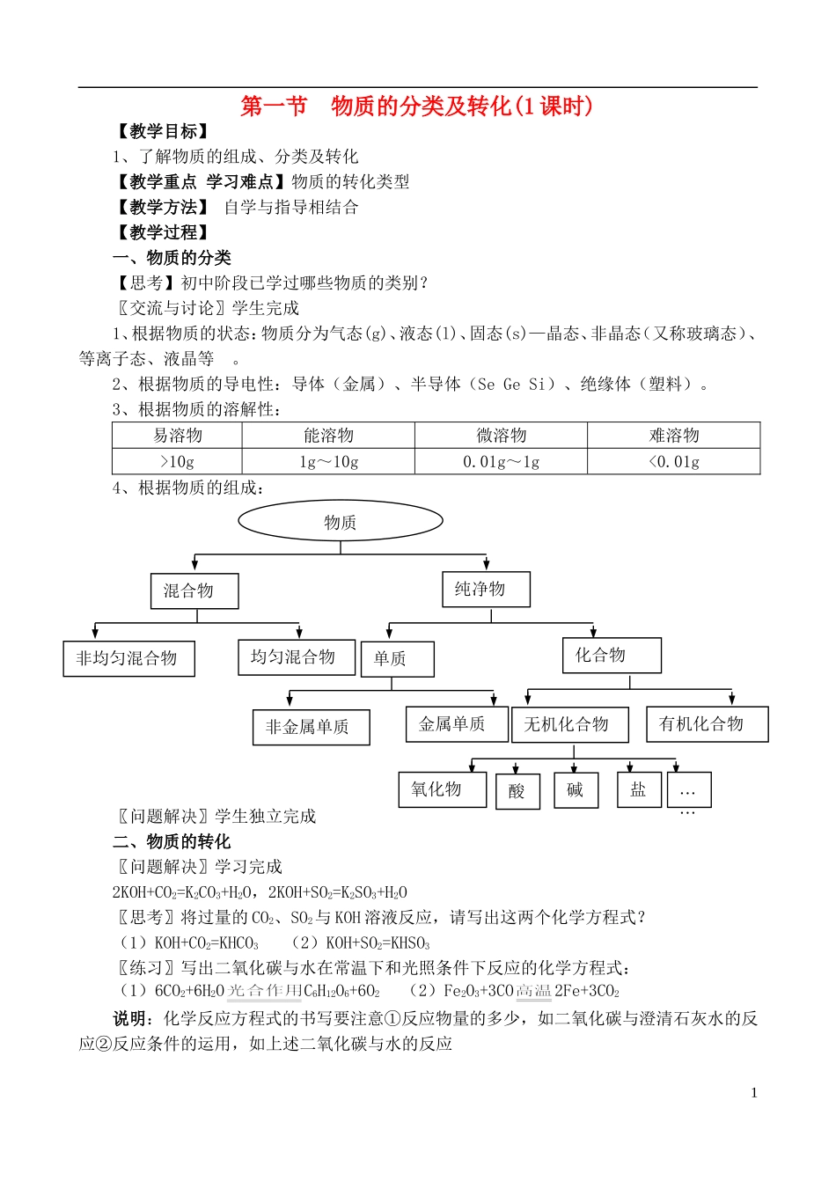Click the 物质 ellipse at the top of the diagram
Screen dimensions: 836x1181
341,522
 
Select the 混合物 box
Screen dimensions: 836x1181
194,590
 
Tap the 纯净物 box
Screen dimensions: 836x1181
486,589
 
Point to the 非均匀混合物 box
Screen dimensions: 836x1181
128,658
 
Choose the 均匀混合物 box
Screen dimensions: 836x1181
296,657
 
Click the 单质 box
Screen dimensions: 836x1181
397,658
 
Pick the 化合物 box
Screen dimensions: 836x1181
612,656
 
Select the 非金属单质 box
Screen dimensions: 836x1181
311,727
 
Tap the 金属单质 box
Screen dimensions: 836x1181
457,724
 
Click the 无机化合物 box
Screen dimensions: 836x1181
569,724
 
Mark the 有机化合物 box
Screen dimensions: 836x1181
707,723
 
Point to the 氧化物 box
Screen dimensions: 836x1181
442,789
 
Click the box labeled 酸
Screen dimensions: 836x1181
517,791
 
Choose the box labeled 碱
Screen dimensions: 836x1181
576,790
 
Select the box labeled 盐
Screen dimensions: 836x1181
638,789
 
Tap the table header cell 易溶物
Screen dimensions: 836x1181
177,435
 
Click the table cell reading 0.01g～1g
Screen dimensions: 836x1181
501,461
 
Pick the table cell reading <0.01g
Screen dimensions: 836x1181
673,461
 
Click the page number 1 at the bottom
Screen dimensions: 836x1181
753,1093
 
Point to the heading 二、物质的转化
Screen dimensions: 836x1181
172,841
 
